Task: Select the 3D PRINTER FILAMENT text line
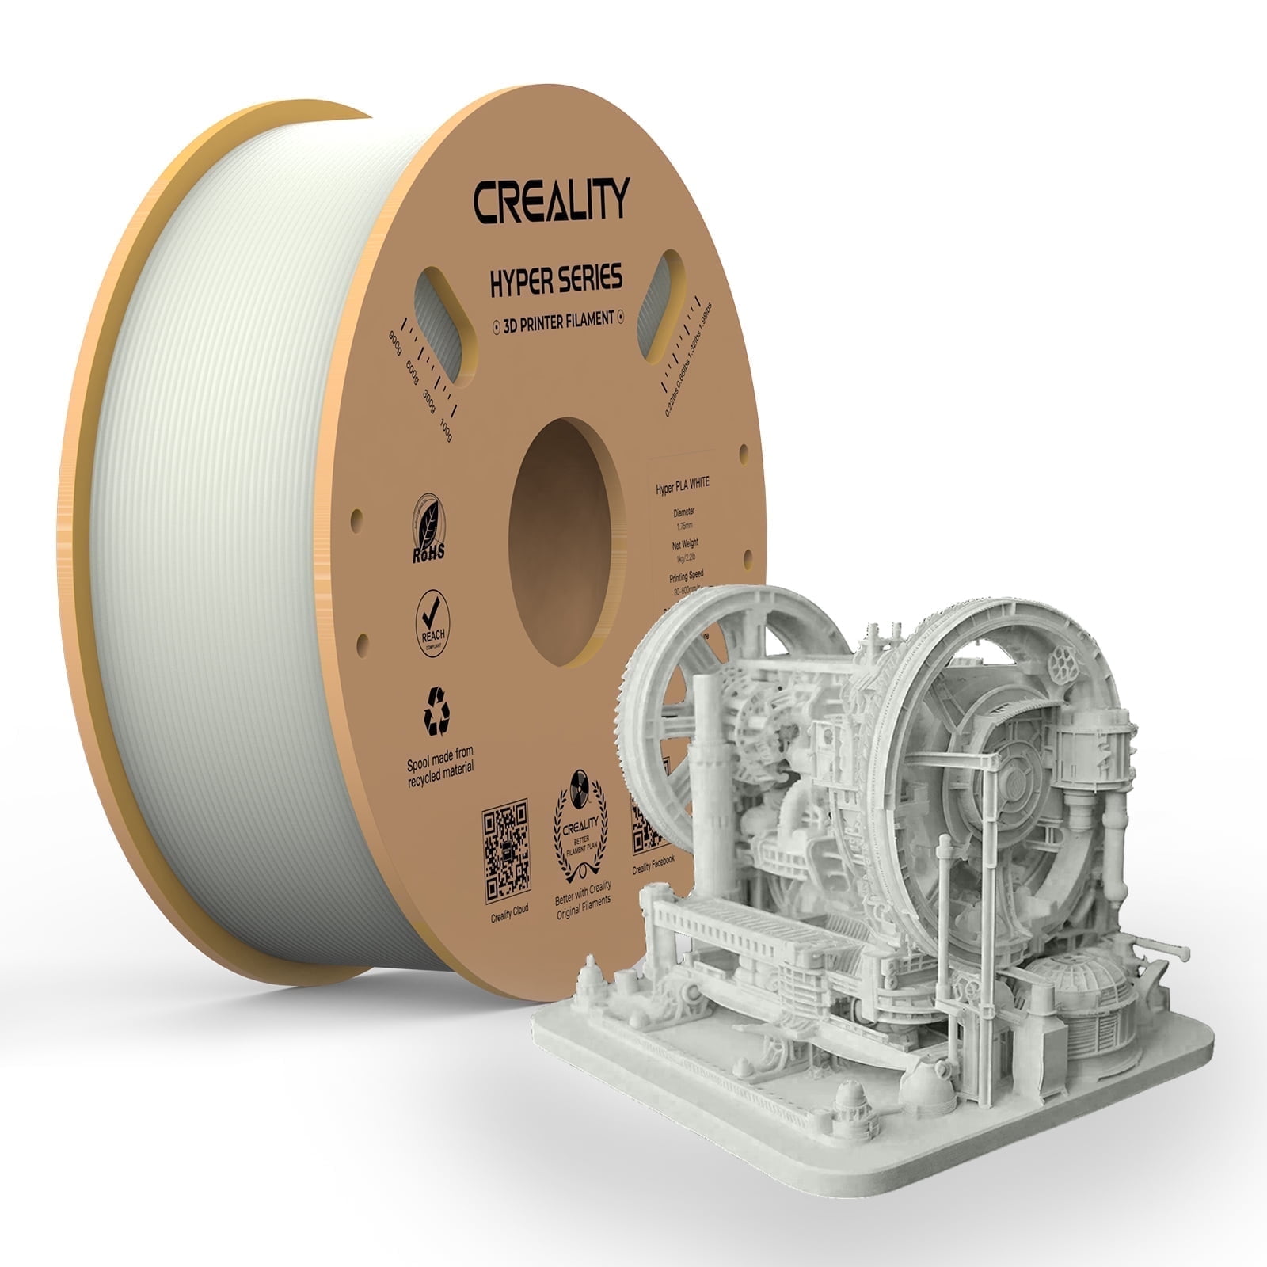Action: (x=554, y=319)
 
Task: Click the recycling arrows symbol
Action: (x=436, y=710)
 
